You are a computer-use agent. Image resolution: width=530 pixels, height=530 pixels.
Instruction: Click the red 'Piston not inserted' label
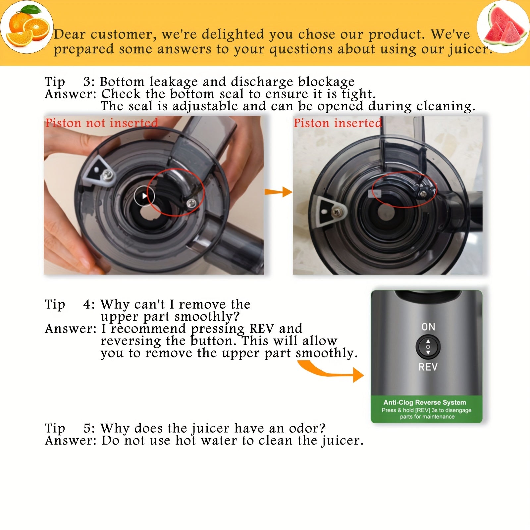(101, 123)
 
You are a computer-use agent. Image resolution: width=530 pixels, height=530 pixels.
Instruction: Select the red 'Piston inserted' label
(338, 123)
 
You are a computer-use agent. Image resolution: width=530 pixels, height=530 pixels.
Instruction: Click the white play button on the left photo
(144, 196)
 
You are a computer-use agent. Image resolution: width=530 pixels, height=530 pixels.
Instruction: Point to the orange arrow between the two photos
(278, 191)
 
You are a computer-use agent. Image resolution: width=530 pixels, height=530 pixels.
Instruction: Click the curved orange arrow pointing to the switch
(331, 372)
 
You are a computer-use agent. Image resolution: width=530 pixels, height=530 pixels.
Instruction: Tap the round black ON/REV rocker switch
(428, 347)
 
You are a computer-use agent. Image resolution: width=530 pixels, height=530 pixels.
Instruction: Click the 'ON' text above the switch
(428, 327)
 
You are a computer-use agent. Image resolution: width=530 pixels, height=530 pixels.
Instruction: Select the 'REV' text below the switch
(428, 367)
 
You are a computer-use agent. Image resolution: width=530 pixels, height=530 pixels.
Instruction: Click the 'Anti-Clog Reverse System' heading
(425, 402)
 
